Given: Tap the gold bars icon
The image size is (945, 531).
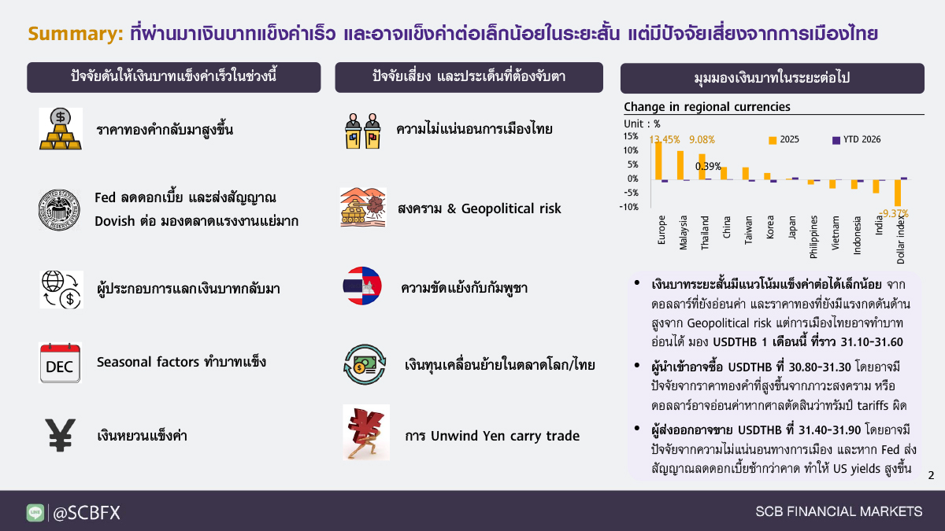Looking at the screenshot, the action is point(61,129).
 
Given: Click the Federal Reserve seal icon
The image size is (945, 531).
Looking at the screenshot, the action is point(59,210).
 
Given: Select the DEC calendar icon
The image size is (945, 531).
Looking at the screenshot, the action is point(60,363).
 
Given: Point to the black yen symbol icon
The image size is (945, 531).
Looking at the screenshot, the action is point(61,435).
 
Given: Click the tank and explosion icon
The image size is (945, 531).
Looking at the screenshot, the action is point(363,208).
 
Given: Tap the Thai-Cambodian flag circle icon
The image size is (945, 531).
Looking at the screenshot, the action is point(362,286).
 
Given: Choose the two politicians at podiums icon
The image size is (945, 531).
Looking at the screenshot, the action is point(363,131).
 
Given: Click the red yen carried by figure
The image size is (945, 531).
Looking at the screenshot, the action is point(366,433).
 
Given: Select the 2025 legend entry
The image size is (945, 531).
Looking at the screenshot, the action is point(784,140).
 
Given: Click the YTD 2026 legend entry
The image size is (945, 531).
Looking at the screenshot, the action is point(857,140).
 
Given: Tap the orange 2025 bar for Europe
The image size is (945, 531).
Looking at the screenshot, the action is point(658,160).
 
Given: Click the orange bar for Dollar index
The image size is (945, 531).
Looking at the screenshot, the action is point(898,193).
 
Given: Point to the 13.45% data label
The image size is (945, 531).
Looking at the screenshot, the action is point(665,139).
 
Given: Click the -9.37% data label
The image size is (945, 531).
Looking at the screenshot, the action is point(894,214).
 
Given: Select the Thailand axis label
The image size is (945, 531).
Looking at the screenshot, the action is point(705,233).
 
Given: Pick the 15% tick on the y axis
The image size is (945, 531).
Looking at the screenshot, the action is point(631,136).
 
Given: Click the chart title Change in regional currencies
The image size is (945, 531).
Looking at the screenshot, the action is point(707,107).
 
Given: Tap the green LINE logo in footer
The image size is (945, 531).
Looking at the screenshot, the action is point(35,513).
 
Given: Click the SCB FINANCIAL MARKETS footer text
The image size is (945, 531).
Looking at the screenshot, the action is point(839,511).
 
